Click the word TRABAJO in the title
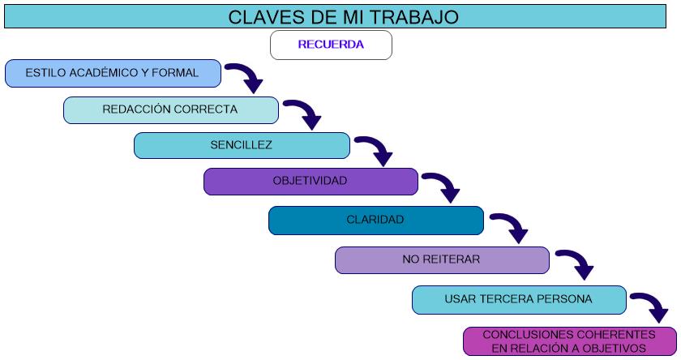[x=414, y=17]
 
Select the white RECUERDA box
[x=331, y=45]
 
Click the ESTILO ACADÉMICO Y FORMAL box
[x=113, y=74]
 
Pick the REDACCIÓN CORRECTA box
[x=171, y=110]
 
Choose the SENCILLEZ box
[x=242, y=146]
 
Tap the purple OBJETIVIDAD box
[x=311, y=182]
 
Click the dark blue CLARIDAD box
[x=376, y=221]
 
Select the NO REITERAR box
[x=442, y=260]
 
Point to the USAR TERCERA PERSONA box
[x=519, y=300]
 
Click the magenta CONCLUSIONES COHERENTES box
[x=570, y=341]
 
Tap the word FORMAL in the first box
[x=175, y=72]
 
